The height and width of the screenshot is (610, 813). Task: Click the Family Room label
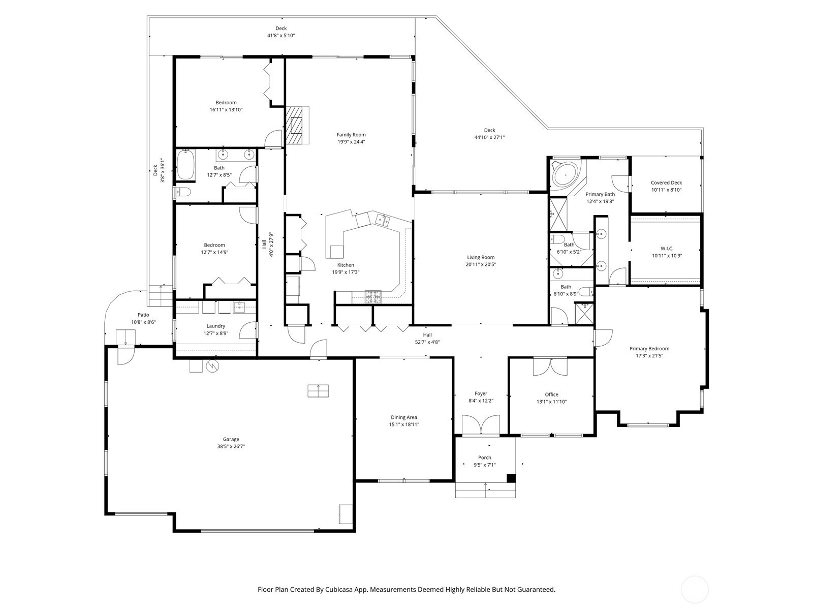coord(351,135)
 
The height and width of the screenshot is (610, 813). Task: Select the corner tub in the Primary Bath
coord(566,175)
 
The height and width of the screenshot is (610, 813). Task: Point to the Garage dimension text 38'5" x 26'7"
coord(231,447)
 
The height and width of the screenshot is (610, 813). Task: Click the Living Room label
coord(480,257)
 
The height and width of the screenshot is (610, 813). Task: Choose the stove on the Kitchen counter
coord(373,297)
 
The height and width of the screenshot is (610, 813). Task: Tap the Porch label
coord(484,458)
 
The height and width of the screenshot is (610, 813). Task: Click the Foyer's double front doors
coord(481,424)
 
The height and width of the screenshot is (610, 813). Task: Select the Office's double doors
coord(550,367)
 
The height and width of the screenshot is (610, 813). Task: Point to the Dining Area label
coord(404,417)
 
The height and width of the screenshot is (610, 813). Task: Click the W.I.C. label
coord(667,249)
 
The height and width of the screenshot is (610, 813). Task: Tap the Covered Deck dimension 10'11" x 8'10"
coord(666,190)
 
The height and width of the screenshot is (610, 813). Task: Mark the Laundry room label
coord(215,326)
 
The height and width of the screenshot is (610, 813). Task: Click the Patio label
coord(143,315)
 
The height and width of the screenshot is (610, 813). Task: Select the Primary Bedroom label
coord(649,349)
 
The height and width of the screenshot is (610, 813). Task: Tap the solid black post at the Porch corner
coord(511,478)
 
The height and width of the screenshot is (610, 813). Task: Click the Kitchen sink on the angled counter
coord(383,221)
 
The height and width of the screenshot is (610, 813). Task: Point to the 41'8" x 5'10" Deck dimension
coord(281,36)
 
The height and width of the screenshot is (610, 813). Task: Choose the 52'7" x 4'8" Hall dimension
coord(427,342)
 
